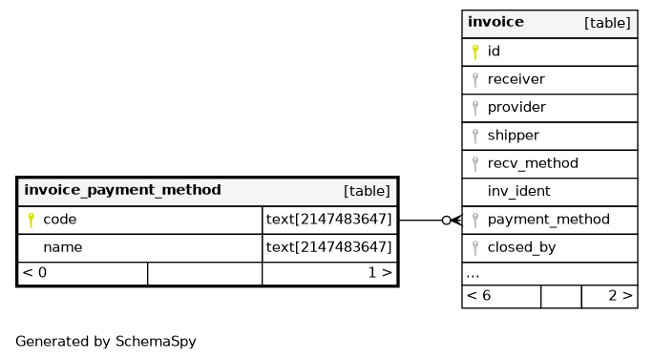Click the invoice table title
495,22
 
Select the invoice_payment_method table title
122,190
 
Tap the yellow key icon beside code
31,220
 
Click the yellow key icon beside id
475,52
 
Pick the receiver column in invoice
516,79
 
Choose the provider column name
516,108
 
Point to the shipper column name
513,136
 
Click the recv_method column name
533,163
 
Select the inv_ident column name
519,191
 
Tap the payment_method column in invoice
549,220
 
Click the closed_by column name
521,247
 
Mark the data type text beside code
329,220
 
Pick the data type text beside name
329,247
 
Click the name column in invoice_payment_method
63,247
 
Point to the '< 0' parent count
34,272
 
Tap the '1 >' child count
380,272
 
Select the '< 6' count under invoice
478,295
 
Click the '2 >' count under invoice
621,295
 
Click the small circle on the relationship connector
447,220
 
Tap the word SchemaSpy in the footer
156,342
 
